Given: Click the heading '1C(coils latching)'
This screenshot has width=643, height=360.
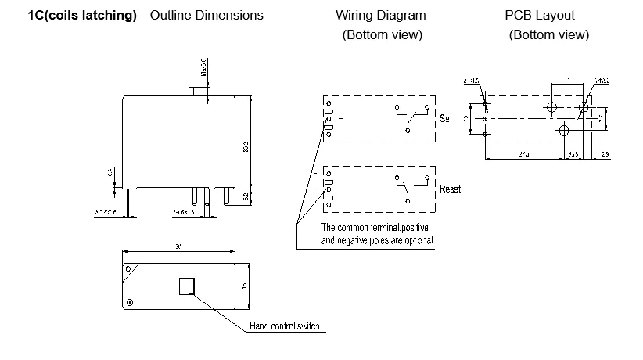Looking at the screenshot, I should click(x=82, y=16).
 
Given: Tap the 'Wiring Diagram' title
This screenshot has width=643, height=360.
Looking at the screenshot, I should click(x=381, y=16).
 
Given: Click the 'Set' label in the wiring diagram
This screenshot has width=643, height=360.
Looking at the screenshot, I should click(x=446, y=119).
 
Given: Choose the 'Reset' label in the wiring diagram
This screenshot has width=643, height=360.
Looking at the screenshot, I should click(x=450, y=189).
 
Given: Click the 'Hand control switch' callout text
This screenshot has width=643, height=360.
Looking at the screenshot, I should click(x=284, y=326).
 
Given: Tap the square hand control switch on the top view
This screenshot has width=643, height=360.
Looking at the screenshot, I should click(x=186, y=286).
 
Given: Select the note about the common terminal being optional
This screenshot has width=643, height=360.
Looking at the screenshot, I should click(x=377, y=233).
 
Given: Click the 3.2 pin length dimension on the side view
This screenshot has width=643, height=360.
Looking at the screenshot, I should click(x=247, y=196).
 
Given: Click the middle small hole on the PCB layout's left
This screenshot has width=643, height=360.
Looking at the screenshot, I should click(x=485, y=118).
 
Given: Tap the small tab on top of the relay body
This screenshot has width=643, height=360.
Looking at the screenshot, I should click(x=199, y=92).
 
